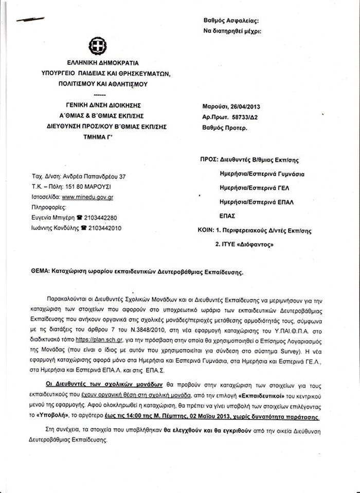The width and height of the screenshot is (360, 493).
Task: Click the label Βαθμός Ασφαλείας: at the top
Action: (x=232, y=21)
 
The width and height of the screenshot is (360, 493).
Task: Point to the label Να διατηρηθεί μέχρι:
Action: (x=232, y=31)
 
